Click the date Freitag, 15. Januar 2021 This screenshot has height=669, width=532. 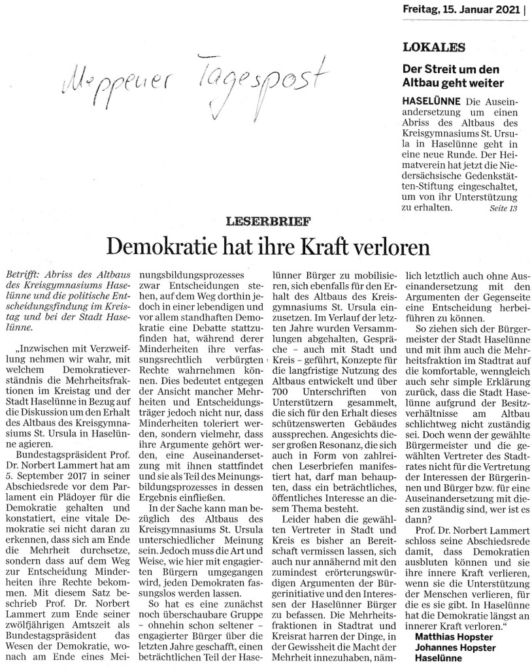(x=458, y=10)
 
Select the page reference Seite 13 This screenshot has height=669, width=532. (x=503, y=208)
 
